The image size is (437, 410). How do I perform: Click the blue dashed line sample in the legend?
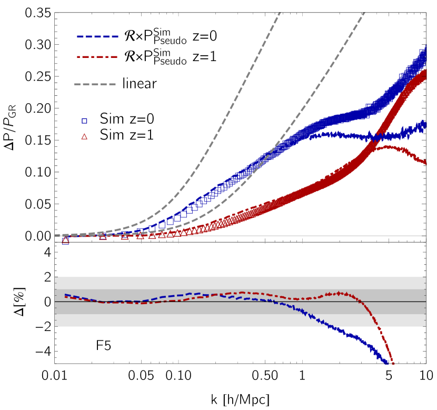click(x=97, y=37)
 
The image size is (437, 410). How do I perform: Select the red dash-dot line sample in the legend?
click(x=97, y=57)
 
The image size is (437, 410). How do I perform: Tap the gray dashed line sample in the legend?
click(x=95, y=84)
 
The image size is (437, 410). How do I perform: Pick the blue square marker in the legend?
click(x=84, y=121)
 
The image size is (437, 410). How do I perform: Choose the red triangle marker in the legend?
click(x=84, y=137)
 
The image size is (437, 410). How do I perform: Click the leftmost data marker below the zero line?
click(x=65, y=241)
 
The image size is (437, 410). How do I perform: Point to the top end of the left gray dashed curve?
click(x=280, y=13)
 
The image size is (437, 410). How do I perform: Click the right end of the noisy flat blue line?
click(x=425, y=125)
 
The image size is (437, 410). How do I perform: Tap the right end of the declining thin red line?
click(x=426, y=164)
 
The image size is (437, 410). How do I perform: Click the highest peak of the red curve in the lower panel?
click(x=338, y=293)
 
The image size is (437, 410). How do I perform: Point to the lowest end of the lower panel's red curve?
click(x=393, y=364)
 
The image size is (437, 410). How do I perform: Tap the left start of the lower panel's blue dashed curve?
click(x=65, y=295)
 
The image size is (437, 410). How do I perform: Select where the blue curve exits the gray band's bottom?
click(x=327, y=326)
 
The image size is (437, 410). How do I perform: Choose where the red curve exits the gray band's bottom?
click(x=378, y=326)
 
